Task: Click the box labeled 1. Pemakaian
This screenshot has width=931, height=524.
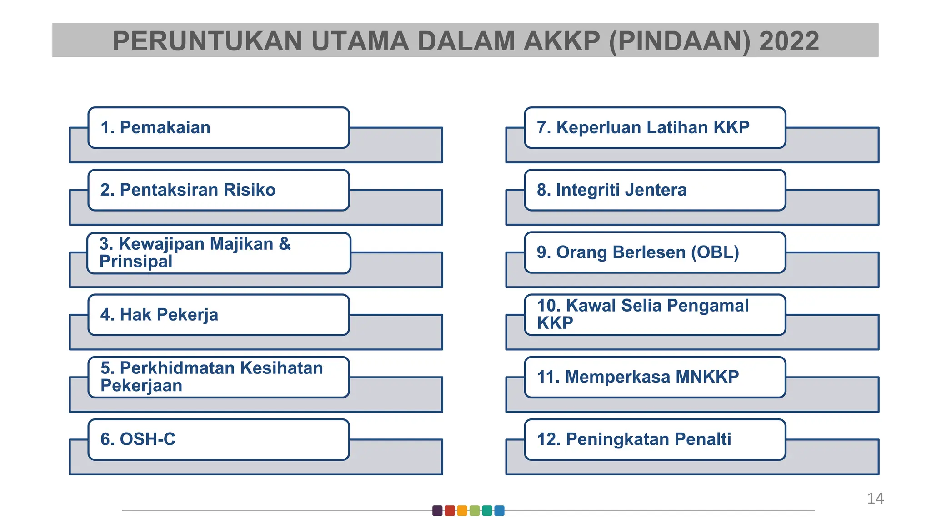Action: [218, 128]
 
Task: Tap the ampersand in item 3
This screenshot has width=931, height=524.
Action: [285, 244]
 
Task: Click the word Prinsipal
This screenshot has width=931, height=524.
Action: [136, 262]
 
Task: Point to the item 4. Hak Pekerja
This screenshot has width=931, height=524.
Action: [218, 315]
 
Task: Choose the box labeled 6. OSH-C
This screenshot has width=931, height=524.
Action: [218, 439]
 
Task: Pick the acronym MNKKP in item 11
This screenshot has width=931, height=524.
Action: [707, 377]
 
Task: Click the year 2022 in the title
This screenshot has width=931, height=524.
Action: [789, 41]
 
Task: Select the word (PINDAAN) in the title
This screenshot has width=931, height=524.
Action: [679, 41]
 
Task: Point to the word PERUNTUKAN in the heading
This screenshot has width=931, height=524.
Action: [207, 41]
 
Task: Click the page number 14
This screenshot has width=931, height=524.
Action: [875, 499]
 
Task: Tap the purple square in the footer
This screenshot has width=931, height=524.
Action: [437, 511]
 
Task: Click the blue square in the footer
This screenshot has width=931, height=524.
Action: [499, 511]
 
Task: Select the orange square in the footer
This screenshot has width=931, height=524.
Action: [462, 511]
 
